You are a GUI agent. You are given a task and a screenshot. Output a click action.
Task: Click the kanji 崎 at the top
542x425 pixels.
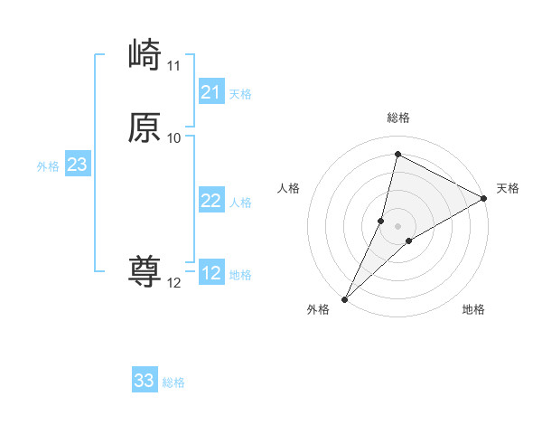[145, 56]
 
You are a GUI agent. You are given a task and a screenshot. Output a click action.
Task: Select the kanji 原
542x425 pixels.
[145, 127]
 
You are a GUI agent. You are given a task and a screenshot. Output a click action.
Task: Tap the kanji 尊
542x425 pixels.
[145, 272]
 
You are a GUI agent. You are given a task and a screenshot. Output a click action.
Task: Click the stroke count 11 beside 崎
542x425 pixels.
[174, 66]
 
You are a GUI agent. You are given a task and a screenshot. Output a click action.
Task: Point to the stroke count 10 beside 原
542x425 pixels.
[174, 138]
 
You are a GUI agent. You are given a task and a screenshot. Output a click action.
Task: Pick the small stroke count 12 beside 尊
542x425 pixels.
[174, 283]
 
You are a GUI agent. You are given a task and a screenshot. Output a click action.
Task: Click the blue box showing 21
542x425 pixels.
[211, 92]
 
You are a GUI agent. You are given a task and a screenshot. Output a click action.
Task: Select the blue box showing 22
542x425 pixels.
[211, 201]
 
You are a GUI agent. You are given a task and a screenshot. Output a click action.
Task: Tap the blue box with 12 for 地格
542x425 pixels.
[211, 273]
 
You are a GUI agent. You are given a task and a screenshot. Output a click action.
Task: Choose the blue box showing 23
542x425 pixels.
[77, 165]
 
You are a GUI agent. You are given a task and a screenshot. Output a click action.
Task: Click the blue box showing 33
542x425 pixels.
[145, 381]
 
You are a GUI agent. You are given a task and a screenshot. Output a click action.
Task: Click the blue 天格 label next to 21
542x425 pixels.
[240, 94]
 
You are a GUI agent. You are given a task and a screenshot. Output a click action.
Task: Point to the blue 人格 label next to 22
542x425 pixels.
[240, 203]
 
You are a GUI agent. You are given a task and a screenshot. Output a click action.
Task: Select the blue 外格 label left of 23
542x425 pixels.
[48, 166]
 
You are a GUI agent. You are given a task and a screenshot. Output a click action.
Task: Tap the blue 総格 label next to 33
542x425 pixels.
[173, 382]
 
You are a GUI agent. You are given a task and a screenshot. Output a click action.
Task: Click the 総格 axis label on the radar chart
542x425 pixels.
[398, 118]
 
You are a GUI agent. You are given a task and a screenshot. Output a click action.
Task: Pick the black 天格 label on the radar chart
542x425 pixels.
[508, 188]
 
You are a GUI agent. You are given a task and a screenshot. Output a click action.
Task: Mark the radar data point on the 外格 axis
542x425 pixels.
[344, 299]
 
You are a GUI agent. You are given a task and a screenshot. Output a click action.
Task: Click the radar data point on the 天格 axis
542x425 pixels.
[484, 198]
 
